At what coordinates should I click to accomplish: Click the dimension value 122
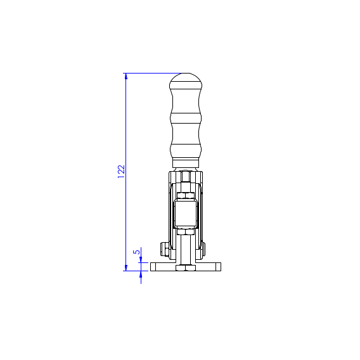click(x=121, y=172)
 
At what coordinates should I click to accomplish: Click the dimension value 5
click(x=137, y=252)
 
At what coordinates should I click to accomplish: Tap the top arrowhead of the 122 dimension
click(x=126, y=76)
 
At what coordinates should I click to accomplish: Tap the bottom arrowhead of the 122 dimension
click(x=126, y=267)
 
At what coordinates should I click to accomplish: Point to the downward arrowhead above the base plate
click(x=141, y=260)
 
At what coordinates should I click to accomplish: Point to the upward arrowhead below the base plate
click(x=141, y=274)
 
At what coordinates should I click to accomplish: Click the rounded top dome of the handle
click(x=186, y=80)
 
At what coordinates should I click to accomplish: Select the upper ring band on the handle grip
click(x=186, y=119)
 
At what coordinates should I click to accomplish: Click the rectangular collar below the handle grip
click(x=186, y=163)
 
